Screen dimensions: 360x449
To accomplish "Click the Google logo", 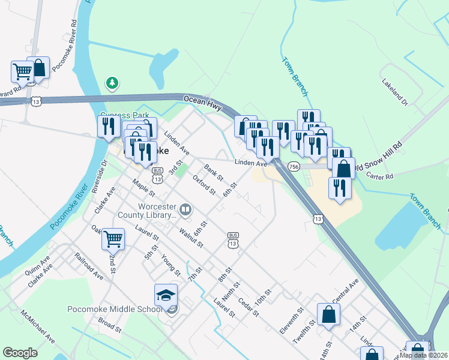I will (20, 353).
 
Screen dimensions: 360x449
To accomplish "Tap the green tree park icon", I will (112, 83).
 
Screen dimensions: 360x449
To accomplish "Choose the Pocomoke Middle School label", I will (114, 309).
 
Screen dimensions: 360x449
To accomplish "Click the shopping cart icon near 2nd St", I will (113, 239).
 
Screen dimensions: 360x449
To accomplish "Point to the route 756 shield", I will (294, 166).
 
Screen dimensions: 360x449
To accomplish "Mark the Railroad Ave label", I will (88, 266).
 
